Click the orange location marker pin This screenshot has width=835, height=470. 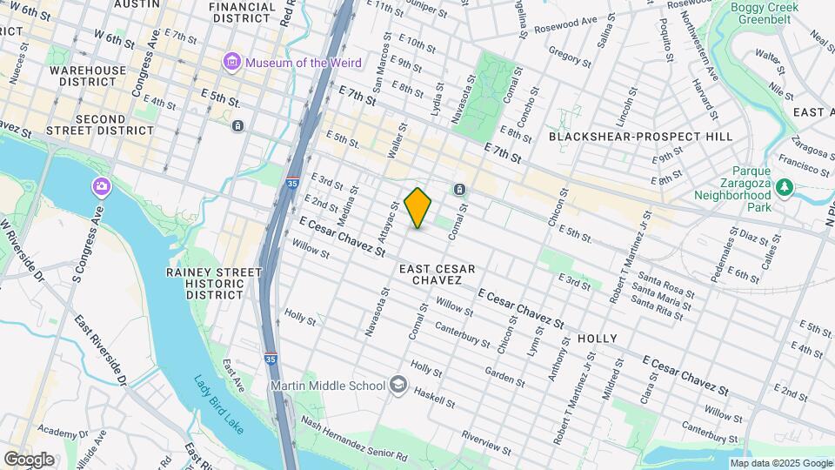pyautogui.click(x=418, y=207)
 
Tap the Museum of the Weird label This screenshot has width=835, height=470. pyautogui.click(x=297, y=62)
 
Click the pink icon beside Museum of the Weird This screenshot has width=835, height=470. pyautogui.click(x=230, y=62)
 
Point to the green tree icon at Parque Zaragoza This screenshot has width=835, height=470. pyautogui.click(x=785, y=186)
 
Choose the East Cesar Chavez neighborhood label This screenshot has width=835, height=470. pyautogui.click(x=437, y=275)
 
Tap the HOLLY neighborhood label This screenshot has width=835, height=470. pyautogui.click(x=597, y=338)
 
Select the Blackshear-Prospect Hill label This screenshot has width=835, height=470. pyautogui.click(x=640, y=137)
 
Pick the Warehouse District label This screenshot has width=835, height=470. pyautogui.click(x=82, y=76)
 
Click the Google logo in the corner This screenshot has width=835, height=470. pyautogui.click(x=29, y=459)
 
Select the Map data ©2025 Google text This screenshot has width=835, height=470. pyautogui.click(x=780, y=463)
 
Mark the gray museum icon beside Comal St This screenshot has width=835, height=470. pyautogui.click(x=459, y=190)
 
